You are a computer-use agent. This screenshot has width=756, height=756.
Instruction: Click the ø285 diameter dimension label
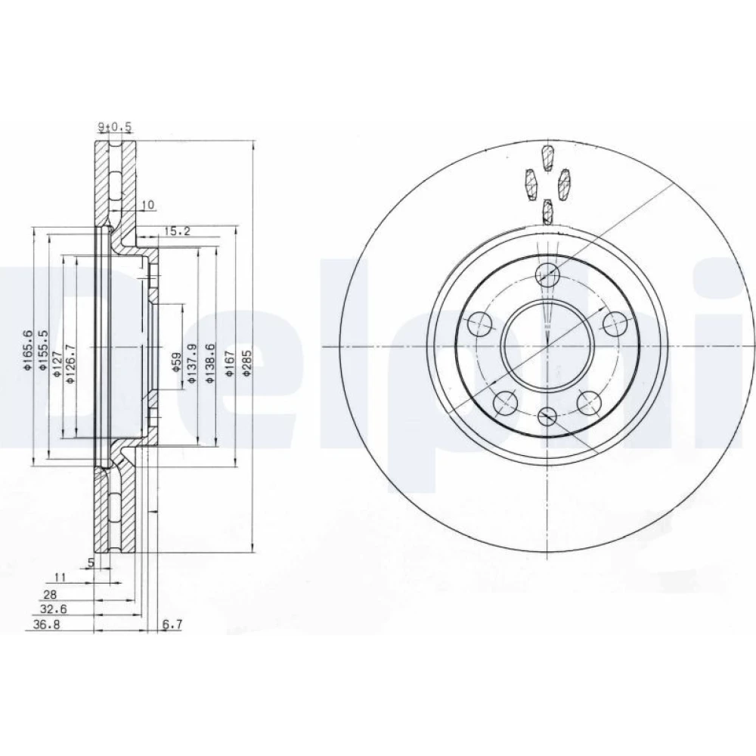click(247, 364)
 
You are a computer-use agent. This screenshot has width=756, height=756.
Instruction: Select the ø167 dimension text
click(230, 364)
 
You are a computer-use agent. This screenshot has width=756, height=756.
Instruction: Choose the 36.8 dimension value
click(46, 624)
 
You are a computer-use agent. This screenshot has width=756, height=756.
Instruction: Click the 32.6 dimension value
click(53, 609)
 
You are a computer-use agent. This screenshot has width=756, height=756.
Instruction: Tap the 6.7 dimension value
click(172, 624)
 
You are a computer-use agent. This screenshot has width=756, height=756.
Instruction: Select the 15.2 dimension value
click(177, 231)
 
